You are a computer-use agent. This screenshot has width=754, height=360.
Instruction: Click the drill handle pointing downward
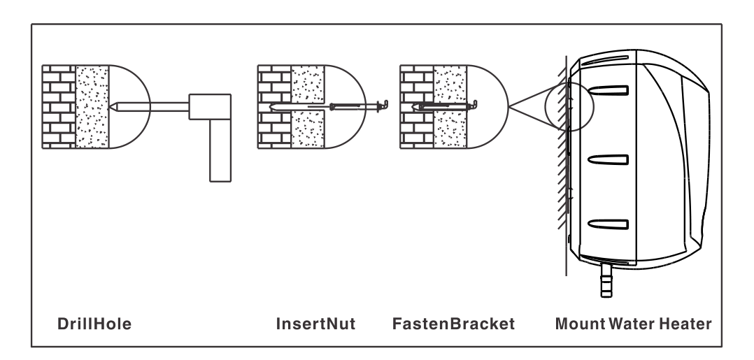(220, 150)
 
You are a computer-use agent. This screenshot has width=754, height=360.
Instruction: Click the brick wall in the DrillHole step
(57, 106)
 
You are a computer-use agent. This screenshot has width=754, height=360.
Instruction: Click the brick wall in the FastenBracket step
(415, 106)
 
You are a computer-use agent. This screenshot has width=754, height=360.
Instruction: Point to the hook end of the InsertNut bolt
(382, 105)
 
